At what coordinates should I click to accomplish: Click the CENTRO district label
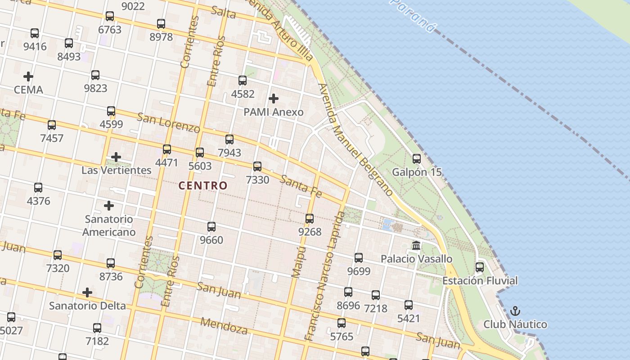(x=203, y=185)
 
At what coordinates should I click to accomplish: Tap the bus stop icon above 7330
(x=257, y=166)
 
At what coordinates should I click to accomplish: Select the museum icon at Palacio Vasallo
(x=416, y=246)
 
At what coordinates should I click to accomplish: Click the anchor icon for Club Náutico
(x=515, y=311)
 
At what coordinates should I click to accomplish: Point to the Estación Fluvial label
(x=480, y=281)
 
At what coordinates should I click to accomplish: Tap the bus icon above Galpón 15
(x=417, y=159)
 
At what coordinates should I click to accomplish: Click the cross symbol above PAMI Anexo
(x=273, y=99)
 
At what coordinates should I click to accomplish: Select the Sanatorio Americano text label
(x=109, y=226)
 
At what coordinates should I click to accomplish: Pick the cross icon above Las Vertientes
(x=116, y=157)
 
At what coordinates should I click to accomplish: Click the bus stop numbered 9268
(x=310, y=219)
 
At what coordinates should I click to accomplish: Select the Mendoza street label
(x=224, y=326)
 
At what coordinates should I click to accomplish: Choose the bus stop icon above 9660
(x=211, y=227)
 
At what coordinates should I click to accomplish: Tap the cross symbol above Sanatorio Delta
(x=87, y=293)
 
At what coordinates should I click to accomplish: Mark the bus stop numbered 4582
(x=243, y=81)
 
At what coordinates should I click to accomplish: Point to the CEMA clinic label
(x=28, y=90)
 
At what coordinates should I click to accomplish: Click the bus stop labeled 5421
(x=409, y=305)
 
